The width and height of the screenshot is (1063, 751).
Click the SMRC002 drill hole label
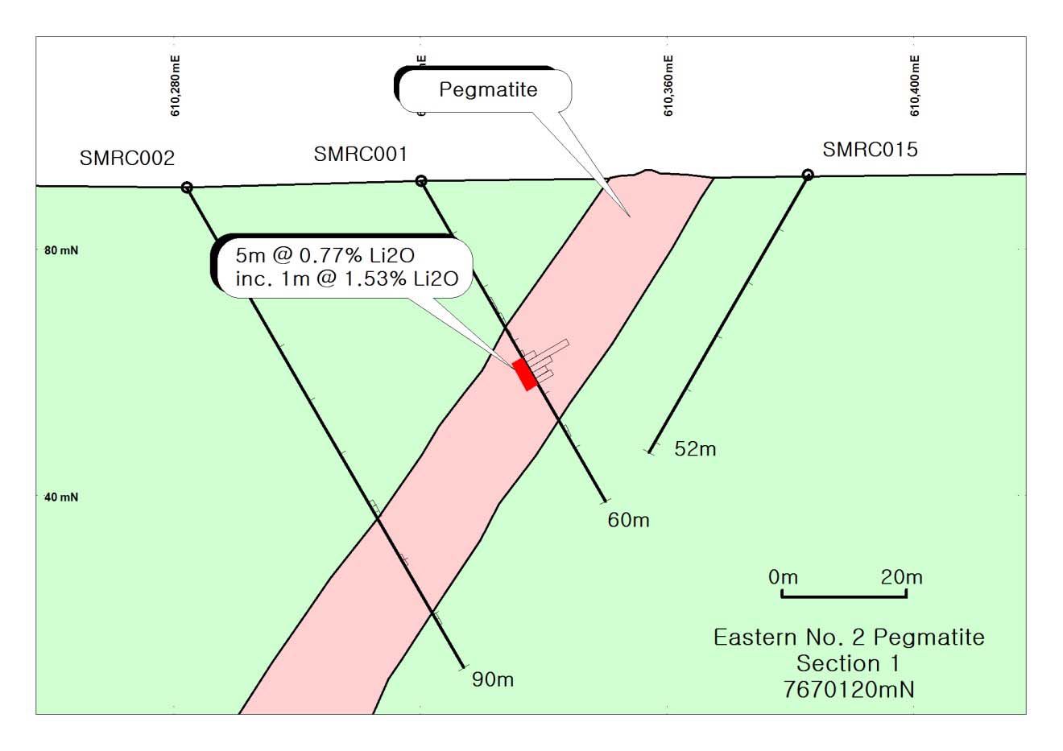127,158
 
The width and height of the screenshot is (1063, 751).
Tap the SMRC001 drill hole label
361,154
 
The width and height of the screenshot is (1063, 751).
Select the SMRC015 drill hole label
870,149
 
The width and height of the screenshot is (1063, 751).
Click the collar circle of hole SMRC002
187,188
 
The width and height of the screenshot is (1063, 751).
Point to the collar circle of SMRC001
420,181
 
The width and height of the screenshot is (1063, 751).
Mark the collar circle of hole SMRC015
808,175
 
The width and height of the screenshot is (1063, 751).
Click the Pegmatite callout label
487,89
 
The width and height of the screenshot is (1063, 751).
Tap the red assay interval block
525,374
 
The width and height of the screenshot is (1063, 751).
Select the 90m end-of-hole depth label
493,680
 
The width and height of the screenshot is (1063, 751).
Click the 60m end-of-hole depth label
628,520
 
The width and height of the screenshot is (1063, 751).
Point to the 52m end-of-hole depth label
695,449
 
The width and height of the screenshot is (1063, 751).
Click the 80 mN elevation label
60,250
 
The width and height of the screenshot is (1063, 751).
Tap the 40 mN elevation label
60,497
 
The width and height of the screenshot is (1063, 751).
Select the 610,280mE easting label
176,85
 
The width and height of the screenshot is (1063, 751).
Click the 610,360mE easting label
668,85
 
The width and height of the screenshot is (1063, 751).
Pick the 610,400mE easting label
915,85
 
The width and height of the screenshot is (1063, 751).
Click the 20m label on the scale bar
902,577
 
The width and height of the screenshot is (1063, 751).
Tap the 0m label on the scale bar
783,577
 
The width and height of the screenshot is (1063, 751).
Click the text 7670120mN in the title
848,690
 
